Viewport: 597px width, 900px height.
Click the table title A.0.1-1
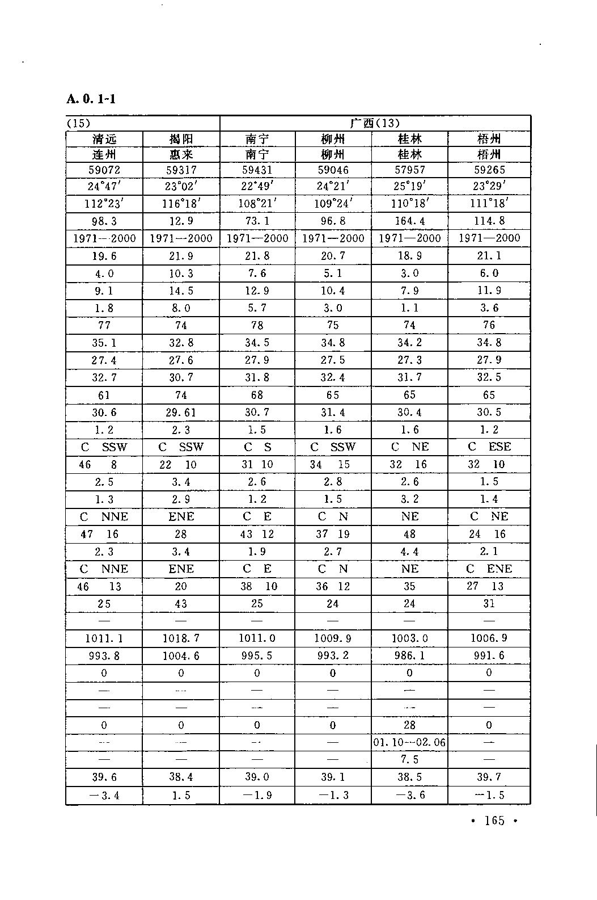(91, 99)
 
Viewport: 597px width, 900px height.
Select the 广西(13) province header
(375, 123)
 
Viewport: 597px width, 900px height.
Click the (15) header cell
(79, 123)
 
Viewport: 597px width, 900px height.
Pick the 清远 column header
(104, 139)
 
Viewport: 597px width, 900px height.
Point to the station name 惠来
(181, 154)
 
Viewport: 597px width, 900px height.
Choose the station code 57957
(409, 170)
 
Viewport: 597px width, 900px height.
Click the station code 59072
(104, 170)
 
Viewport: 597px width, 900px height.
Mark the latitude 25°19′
(409, 186)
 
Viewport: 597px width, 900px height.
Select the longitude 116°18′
(181, 203)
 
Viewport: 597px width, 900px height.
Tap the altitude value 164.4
(409, 221)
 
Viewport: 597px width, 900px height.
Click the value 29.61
(181, 413)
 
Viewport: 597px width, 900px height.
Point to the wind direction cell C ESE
(489, 447)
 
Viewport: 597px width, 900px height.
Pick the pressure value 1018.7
(181, 638)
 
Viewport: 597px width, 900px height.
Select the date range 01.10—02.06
(409, 742)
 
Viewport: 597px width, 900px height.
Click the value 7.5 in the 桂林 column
(409, 760)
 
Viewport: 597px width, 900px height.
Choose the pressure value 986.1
(409, 656)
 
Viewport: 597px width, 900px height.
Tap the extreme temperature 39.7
(489, 777)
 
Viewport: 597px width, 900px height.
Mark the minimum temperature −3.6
(409, 795)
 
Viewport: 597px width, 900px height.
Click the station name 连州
(104, 154)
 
